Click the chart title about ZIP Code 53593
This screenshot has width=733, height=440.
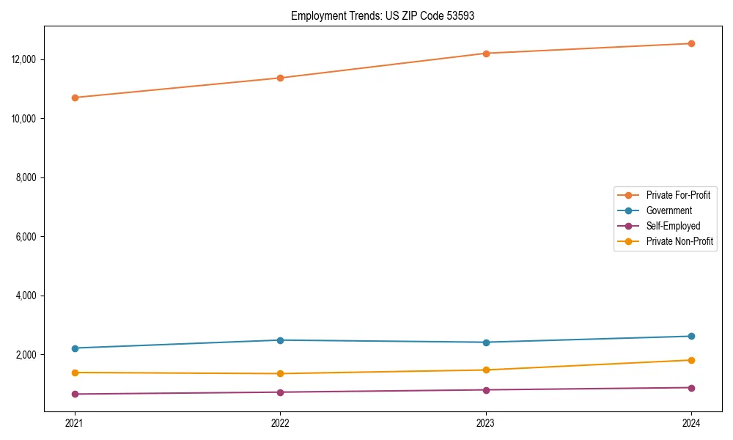(383, 15)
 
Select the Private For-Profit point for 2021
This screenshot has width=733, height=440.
(75, 98)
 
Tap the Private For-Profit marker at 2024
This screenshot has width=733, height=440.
(691, 43)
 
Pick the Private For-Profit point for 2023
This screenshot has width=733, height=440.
(486, 54)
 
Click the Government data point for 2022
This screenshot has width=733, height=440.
(280, 340)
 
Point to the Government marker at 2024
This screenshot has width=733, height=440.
(691, 336)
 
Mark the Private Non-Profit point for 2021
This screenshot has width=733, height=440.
(75, 373)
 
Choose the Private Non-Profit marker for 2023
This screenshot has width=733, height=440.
(486, 370)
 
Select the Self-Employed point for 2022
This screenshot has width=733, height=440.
(280, 392)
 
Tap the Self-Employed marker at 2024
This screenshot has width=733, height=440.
(691, 388)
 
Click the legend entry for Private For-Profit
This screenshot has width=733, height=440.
(678, 195)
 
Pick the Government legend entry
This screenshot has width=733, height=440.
(668, 210)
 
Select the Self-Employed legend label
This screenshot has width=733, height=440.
(673, 226)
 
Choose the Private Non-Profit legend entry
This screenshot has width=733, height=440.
(679, 241)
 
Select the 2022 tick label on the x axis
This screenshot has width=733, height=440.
(280, 422)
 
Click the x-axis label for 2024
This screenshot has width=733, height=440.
(691, 422)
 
